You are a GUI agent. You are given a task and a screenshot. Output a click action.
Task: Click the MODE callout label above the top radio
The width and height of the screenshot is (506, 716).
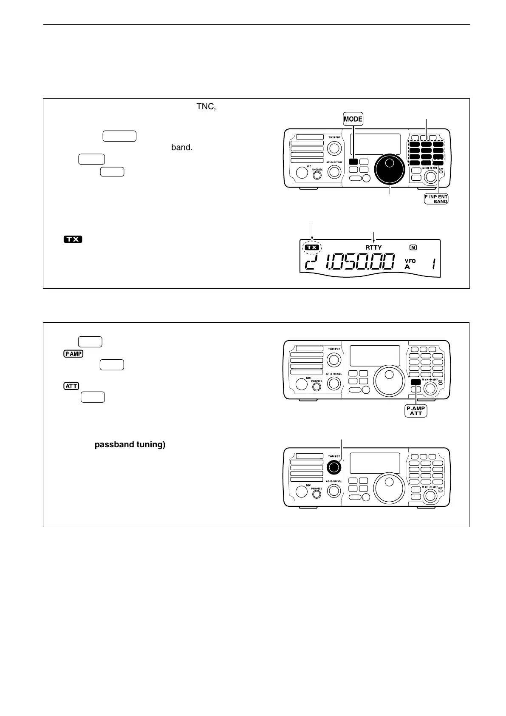pos(353,119)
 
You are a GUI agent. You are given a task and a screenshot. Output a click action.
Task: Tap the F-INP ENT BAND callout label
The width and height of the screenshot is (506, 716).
pos(436,199)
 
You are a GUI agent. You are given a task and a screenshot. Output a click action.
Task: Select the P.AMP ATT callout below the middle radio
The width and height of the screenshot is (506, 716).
pos(416,411)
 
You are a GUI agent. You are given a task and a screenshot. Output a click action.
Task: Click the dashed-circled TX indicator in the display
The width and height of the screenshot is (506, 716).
pos(312,247)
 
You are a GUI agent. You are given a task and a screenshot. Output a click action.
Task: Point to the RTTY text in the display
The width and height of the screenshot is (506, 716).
pos(374,247)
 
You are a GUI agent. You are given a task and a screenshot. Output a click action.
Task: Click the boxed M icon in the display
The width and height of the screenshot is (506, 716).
pos(413,247)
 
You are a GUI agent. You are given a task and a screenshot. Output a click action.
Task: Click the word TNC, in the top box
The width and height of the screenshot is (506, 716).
pos(206,107)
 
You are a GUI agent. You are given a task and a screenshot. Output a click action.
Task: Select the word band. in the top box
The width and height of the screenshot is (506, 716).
pos(182,148)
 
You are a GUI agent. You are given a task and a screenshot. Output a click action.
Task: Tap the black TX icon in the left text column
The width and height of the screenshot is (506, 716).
pos(73,239)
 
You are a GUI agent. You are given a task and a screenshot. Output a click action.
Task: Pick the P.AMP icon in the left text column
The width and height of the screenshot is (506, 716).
pos(73,354)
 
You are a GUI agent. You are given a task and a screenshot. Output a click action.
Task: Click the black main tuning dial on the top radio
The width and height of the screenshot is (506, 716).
pos(389,168)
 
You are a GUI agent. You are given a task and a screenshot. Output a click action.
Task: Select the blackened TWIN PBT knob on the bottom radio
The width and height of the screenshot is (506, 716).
pos(334,467)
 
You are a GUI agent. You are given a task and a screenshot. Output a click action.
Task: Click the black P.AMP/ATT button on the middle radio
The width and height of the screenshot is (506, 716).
pos(416,382)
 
